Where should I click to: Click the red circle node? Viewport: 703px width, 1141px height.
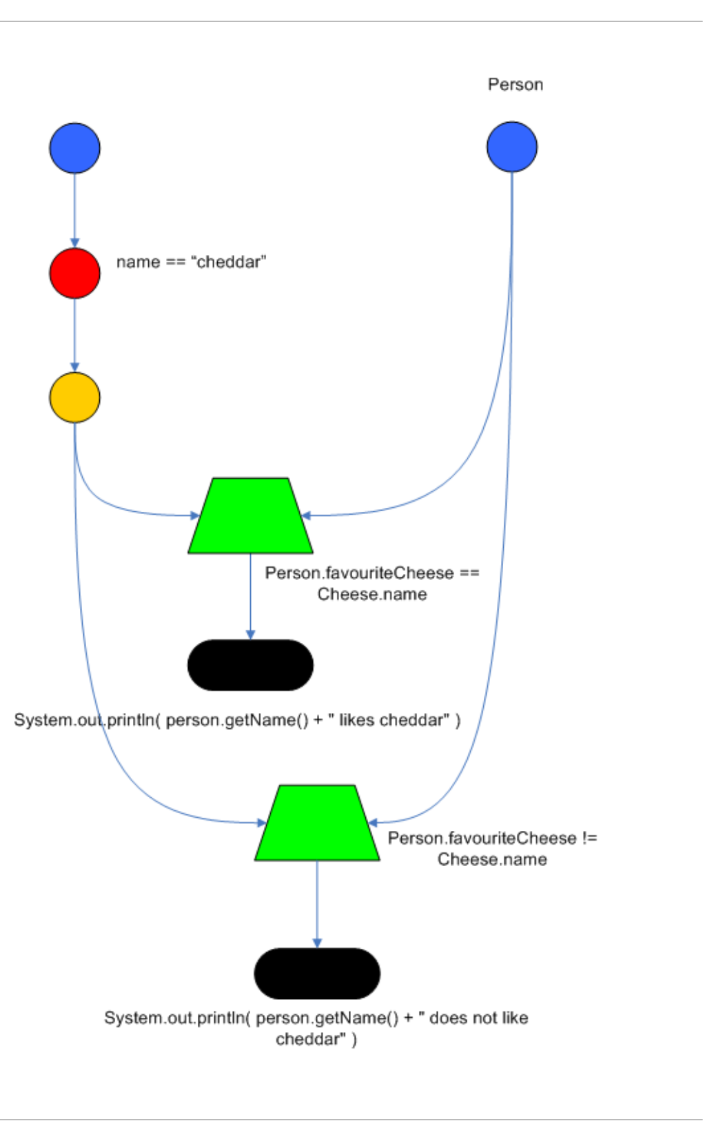coord(74,273)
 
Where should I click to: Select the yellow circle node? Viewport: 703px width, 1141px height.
coord(74,398)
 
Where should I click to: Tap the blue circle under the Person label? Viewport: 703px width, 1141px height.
coord(511,147)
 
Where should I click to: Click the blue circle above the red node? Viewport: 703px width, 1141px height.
coord(74,148)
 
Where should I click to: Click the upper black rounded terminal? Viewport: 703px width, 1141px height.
coord(250,665)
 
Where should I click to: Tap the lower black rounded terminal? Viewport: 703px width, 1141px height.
coord(317,974)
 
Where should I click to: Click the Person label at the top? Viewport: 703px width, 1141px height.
coord(516,85)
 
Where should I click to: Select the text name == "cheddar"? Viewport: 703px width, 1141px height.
coord(191,262)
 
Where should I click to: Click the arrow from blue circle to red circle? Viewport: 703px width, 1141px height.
coord(74,210)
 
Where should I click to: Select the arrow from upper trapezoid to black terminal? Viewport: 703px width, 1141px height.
coord(250,596)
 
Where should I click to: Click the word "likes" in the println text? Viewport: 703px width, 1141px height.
coord(356,720)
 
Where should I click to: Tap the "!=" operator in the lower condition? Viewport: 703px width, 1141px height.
coord(589,838)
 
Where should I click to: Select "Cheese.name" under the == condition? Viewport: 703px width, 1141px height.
coord(372,594)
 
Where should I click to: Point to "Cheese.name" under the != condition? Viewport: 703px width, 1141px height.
coord(492,859)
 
